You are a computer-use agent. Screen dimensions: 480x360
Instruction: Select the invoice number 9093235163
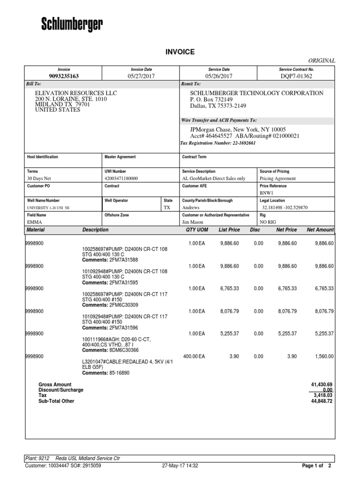pos(63,76)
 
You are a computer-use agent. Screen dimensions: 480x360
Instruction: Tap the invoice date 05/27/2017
pos(141,76)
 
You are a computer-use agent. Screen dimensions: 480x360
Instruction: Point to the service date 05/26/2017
pos(218,76)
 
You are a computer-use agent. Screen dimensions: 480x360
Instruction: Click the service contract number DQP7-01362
pos(296,76)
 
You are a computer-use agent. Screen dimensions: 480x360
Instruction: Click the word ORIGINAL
pos(321,60)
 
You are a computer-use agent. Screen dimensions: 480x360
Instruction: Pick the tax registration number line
pos(218,143)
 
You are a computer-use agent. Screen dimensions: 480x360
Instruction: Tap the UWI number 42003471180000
pos(121,179)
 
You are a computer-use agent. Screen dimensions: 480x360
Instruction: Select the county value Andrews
pos(191,207)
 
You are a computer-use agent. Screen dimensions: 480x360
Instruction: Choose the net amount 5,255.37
pos(324,333)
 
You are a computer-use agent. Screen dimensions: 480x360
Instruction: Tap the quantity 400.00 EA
pos(194,356)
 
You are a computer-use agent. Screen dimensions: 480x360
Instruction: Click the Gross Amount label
pos(55,384)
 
